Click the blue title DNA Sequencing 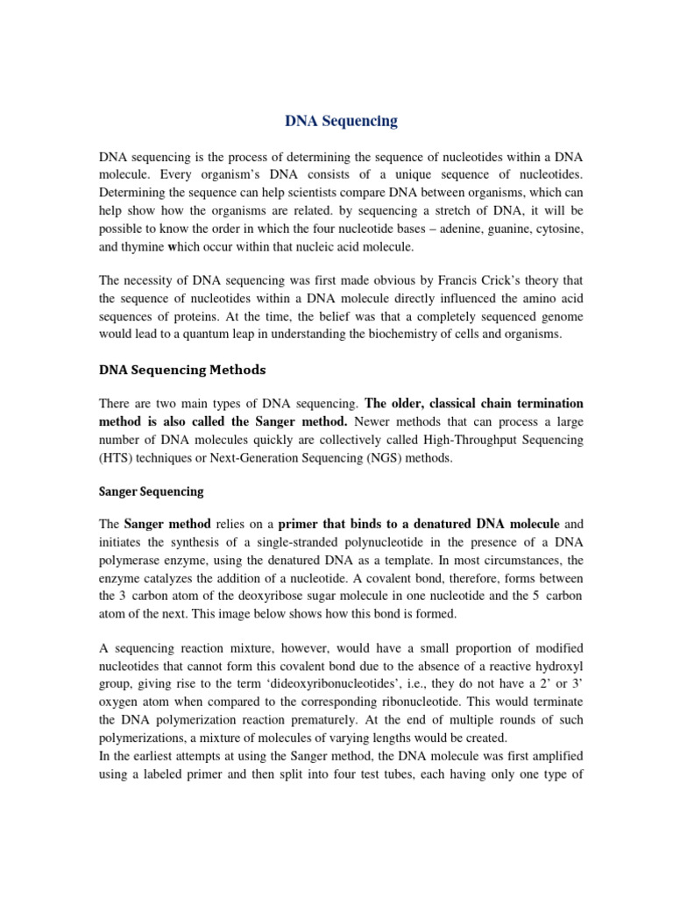(341, 122)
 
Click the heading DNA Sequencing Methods (181, 371)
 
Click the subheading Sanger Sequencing (151, 491)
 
